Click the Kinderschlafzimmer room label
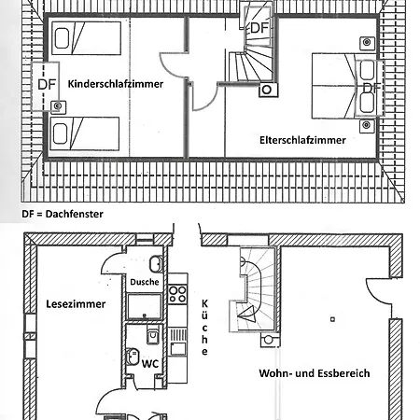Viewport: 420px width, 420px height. [x=116, y=84]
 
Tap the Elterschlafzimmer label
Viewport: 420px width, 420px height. [x=302, y=140]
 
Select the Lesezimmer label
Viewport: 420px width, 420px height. [x=76, y=304]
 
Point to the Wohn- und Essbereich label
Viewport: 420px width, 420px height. [x=315, y=373]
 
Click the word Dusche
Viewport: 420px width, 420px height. [x=145, y=282]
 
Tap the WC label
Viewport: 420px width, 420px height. [x=150, y=363]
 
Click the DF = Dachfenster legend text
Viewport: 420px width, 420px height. [x=63, y=214]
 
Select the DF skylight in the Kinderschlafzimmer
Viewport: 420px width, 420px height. [x=46, y=86]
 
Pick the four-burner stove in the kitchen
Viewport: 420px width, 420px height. [x=177, y=294]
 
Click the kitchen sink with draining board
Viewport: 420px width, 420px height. [x=177, y=343]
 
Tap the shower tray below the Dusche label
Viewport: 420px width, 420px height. [x=145, y=306]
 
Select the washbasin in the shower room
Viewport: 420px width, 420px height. [x=156, y=264]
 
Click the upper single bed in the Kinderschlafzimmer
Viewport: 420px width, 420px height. [x=86, y=38]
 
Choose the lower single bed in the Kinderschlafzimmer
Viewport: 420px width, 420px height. [x=85, y=133]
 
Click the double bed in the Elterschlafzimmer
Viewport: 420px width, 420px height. [x=344, y=86]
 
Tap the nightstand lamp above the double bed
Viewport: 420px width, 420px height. [x=367, y=42]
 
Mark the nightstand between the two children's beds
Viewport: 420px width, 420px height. [x=58, y=106]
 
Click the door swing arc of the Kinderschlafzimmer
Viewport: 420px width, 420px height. [x=171, y=66]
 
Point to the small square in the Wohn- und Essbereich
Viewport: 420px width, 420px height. [x=332, y=319]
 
